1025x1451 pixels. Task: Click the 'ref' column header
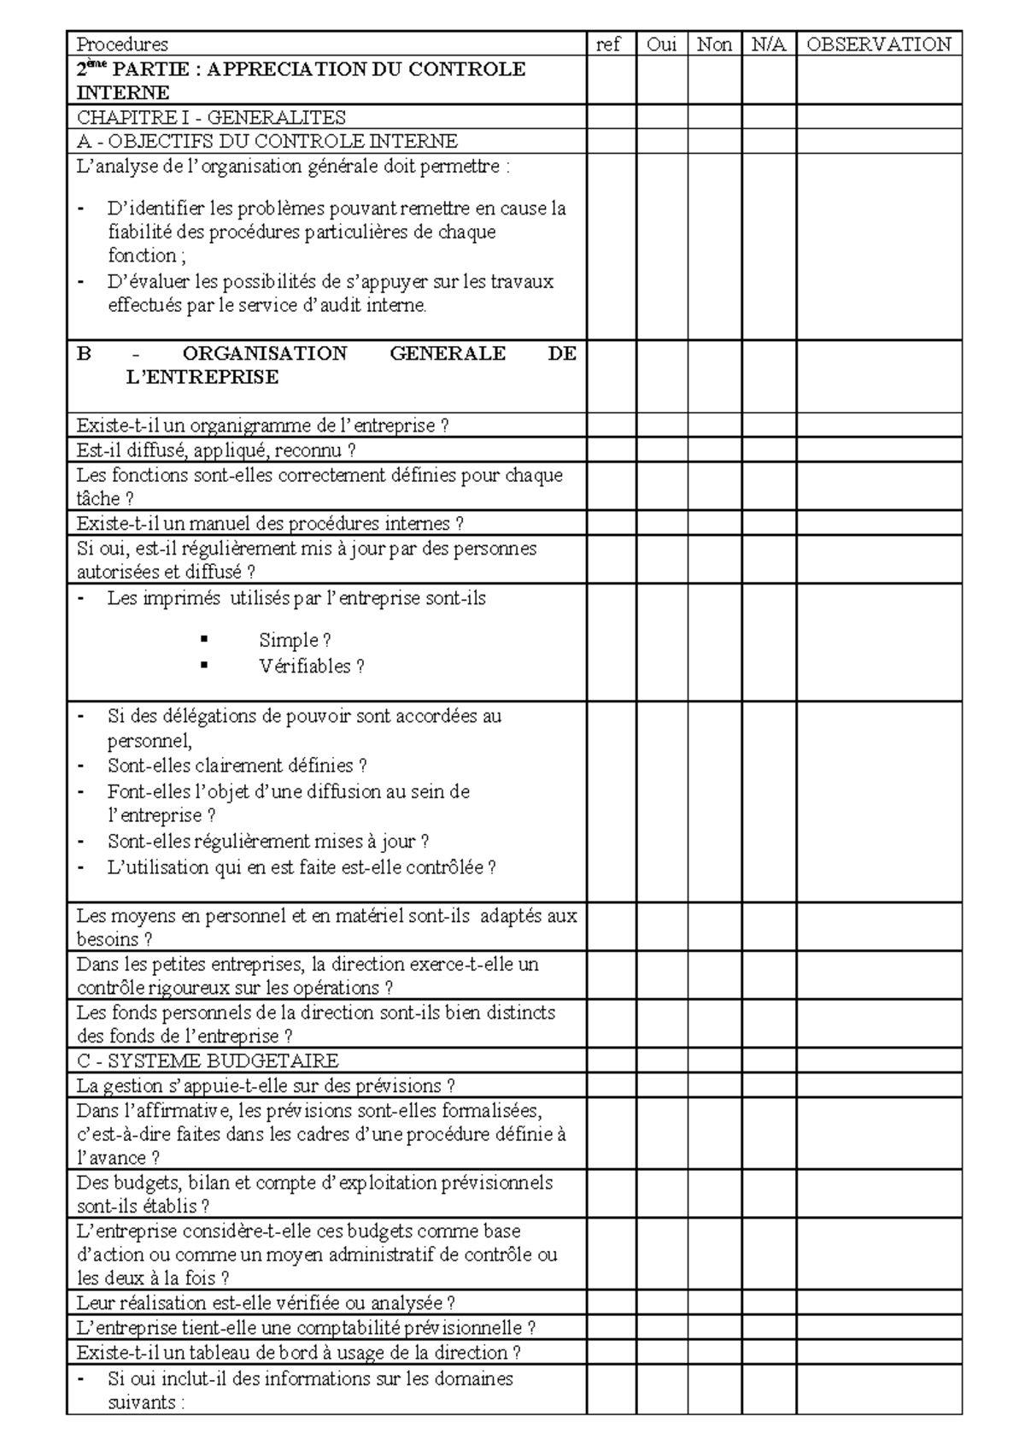pos(607,44)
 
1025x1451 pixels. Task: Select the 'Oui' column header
pos(661,44)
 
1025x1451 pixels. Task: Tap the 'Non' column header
pos(714,44)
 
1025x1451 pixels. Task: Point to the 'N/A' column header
pos(768,44)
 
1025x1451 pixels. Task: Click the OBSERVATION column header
pos(878,44)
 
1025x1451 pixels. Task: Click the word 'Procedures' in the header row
pos(122,44)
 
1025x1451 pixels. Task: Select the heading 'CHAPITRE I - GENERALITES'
pos(211,117)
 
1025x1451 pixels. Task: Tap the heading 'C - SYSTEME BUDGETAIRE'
pos(208,1061)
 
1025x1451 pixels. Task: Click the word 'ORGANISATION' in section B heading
pos(265,354)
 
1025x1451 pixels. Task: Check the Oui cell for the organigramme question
pos(661,426)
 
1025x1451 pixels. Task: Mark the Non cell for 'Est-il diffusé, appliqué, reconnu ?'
pos(714,450)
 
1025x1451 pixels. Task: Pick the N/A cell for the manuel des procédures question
pos(768,523)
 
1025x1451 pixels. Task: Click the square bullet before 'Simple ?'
pos(204,639)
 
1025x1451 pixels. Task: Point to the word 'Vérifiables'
pos(305,667)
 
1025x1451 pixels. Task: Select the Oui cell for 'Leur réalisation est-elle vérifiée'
pos(661,1303)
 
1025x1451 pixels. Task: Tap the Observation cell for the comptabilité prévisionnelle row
pos(878,1328)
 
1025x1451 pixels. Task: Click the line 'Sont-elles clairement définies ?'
pos(237,766)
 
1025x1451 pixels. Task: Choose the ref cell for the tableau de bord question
pos(611,1353)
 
